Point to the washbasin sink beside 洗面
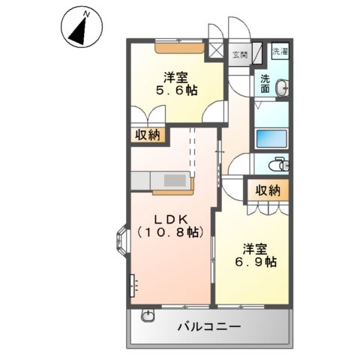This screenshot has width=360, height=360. [282, 89]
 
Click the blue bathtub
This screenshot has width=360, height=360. [271, 138]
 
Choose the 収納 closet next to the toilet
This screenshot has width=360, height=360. [267, 190]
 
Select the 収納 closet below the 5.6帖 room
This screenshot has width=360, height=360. [148, 135]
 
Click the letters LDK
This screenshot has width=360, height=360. [170, 218]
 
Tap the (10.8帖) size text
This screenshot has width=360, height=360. [170, 233]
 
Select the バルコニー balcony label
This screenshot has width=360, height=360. [208, 327]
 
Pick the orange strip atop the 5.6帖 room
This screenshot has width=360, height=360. [179, 49]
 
